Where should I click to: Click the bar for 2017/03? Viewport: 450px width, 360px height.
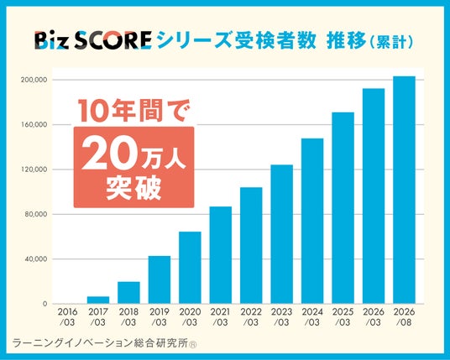(x=98, y=300)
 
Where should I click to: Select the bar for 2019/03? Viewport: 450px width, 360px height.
(x=160, y=279)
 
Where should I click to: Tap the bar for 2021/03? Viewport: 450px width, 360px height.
(x=221, y=255)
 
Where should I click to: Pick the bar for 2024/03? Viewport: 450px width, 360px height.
(x=312, y=221)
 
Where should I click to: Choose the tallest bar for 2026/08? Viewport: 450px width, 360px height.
(x=404, y=190)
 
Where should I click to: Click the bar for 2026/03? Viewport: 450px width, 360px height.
(x=374, y=196)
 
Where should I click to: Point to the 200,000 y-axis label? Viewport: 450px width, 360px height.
(x=34, y=80)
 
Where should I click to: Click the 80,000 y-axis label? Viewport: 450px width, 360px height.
(x=35, y=214)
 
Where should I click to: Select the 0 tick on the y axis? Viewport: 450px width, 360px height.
(x=44, y=304)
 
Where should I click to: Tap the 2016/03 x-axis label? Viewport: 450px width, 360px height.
(x=67, y=317)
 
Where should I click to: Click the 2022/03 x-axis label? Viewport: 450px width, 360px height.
(x=251, y=317)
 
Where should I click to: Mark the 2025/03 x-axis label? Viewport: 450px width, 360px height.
(x=343, y=317)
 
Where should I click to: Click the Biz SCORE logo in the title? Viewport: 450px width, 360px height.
(x=93, y=40)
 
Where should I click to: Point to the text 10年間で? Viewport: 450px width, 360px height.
(x=131, y=111)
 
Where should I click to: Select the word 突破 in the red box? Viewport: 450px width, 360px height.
(x=133, y=187)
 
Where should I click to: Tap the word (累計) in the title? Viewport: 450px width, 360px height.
(x=392, y=42)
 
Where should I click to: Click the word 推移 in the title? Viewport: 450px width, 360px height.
(x=347, y=41)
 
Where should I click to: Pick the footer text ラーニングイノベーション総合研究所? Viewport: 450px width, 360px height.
(x=101, y=343)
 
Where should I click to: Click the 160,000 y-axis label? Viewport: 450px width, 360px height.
(x=34, y=125)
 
